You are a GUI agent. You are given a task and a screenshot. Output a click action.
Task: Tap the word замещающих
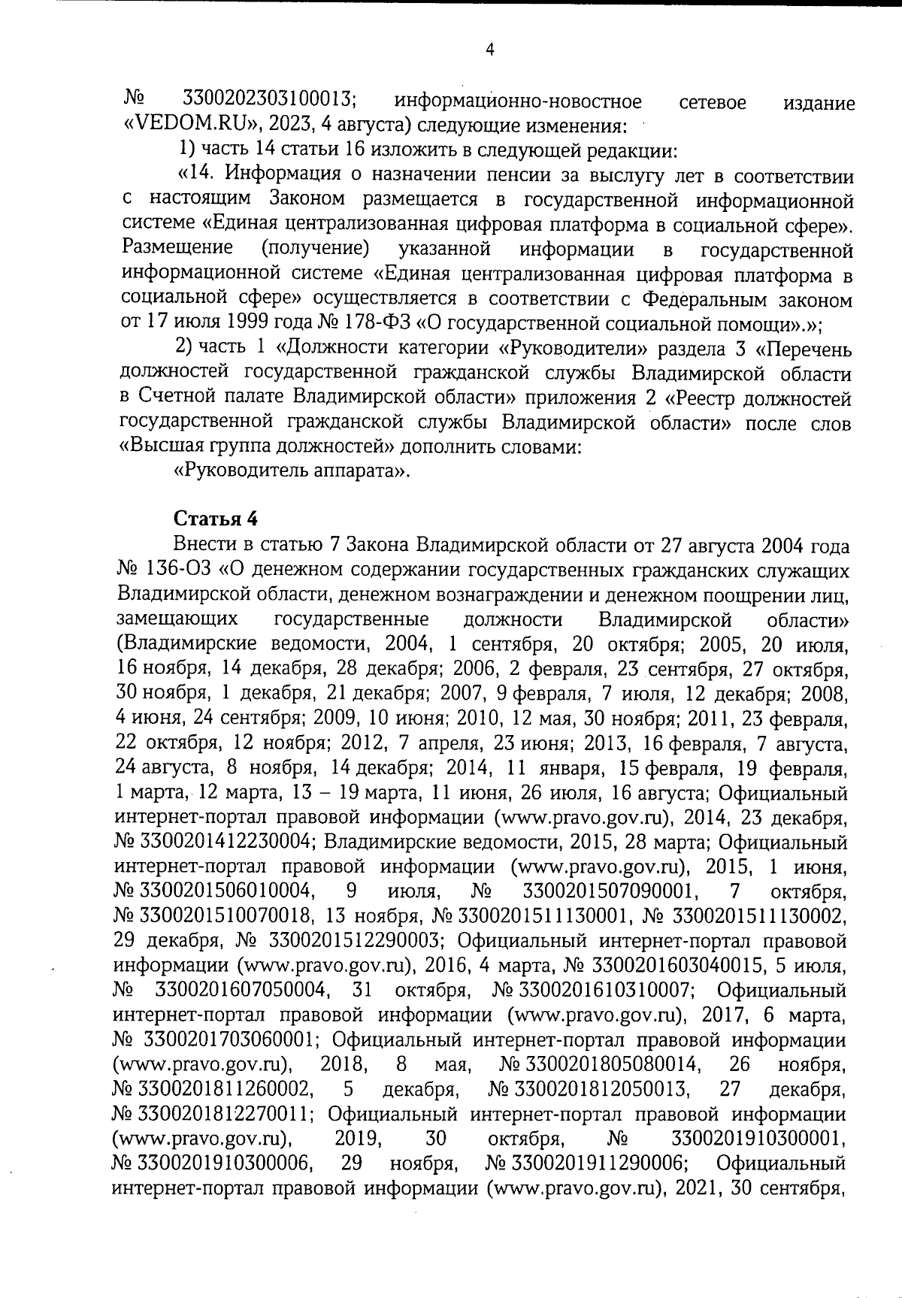pyautogui.click(x=179, y=620)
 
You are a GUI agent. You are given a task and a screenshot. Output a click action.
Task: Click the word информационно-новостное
pyautogui.click(x=519, y=101)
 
